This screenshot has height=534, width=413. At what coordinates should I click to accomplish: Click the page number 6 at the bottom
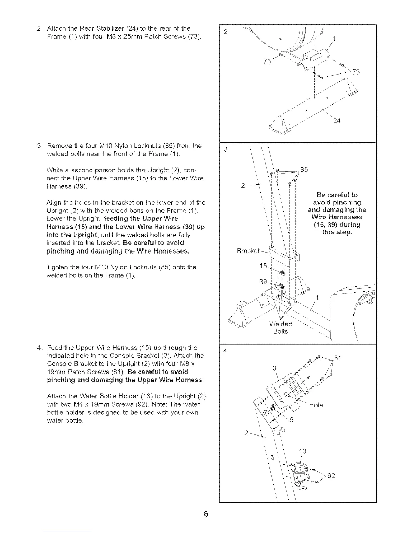[206, 514]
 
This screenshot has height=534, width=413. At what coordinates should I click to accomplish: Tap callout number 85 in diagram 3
[304, 170]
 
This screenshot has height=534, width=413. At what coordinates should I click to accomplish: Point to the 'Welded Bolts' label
[280, 328]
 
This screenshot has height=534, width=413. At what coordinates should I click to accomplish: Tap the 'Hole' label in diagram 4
[316, 405]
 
